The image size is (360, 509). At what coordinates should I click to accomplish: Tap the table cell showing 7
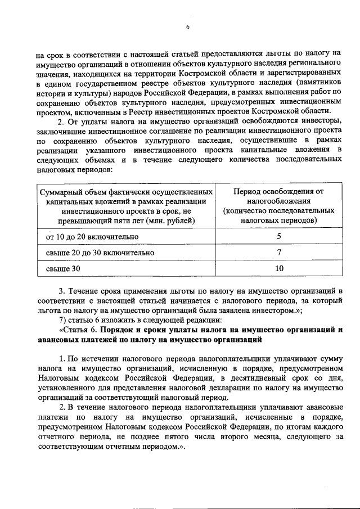[x=279, y=253]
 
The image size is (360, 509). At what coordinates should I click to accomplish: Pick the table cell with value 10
[x=279, y=269]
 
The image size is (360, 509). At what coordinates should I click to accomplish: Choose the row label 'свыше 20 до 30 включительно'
[x=100, y=253]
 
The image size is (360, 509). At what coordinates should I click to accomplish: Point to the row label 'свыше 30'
[x=63, y=269]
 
